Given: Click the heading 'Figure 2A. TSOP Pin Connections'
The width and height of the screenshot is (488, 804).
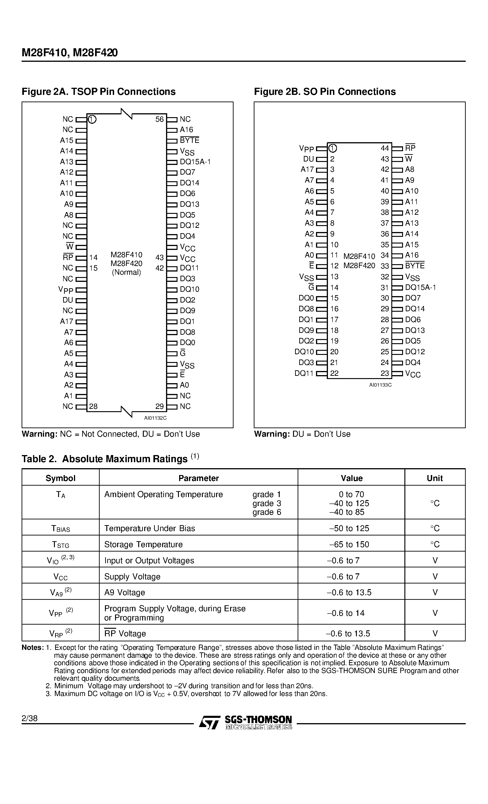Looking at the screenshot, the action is (99, 92).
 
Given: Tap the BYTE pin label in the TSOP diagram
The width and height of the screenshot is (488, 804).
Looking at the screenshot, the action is (189, 140).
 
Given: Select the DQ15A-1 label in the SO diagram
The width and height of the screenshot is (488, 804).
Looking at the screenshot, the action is (420, 287).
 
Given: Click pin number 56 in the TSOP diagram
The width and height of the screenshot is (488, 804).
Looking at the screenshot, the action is (159, 119).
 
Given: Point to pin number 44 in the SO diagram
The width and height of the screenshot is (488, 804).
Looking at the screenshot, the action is (385, 148).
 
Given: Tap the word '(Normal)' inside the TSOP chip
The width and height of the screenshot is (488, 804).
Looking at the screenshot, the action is (127, 272).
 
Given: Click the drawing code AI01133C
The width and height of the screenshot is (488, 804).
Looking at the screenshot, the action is (380, 385).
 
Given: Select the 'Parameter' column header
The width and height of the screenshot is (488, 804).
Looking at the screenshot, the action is (198, 478).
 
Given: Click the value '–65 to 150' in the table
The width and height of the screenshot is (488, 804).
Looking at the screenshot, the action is (349, 545).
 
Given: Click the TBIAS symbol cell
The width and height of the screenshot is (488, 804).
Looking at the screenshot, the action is (61, 529).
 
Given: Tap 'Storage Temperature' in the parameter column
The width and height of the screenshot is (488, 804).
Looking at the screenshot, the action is (143, 545).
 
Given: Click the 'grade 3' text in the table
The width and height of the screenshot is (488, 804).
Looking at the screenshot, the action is (267, 504).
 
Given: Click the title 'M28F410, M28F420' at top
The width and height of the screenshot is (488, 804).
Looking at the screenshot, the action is (70, 53).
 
